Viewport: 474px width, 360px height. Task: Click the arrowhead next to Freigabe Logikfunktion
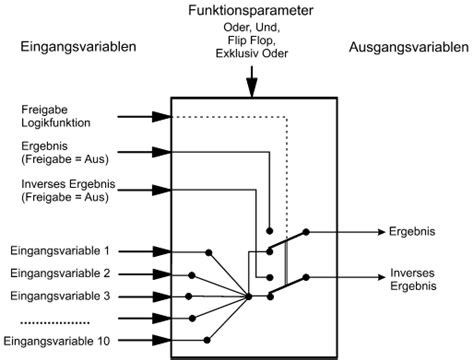(x=160, y=117)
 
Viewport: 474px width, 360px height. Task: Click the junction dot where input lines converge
(x=248, y=295)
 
